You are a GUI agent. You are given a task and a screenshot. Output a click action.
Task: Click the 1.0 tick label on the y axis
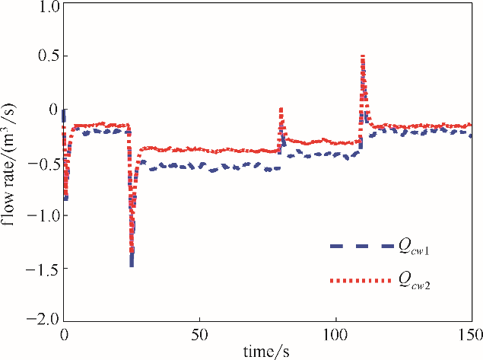48,8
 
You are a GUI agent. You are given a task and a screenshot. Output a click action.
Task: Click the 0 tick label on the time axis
64,334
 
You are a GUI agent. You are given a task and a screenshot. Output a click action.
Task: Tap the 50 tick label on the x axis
199,334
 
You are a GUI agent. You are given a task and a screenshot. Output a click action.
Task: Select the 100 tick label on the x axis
335,334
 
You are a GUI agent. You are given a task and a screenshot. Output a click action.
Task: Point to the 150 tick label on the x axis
470,334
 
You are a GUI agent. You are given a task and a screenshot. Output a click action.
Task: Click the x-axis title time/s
267,351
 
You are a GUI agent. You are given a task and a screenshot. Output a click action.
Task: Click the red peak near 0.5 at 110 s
363,56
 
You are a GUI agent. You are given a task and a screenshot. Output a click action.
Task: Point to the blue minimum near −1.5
132,264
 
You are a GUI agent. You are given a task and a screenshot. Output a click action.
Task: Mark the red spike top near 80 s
281,109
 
